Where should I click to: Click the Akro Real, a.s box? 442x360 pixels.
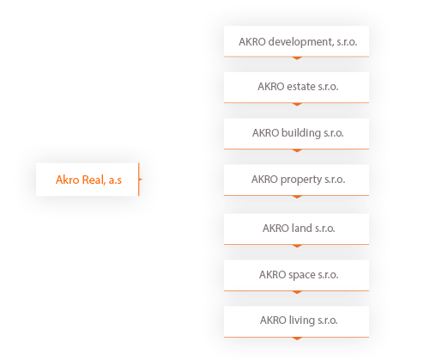coord(88,180)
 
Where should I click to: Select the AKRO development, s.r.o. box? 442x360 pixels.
coord(296,41)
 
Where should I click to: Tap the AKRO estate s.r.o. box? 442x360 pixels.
coord(296,88)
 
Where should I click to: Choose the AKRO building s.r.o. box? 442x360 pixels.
coord(296,134)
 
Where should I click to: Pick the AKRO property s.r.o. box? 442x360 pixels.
coord(296,180)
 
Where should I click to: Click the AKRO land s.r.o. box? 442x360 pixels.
coord(296,229)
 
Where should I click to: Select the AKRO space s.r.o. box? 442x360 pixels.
coord(296,276)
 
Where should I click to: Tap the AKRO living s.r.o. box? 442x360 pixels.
coord(296,322)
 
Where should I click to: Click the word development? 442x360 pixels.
coord(301,42)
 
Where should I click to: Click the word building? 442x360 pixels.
coord(301,133)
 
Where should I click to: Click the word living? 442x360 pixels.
coord(301,320)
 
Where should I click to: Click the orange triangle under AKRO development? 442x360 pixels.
coord(297,58)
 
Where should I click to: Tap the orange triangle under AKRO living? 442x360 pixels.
coord(297,339)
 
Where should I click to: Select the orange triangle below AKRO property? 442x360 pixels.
coord(297,197)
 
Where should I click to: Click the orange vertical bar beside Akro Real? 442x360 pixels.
coord(139,180)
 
